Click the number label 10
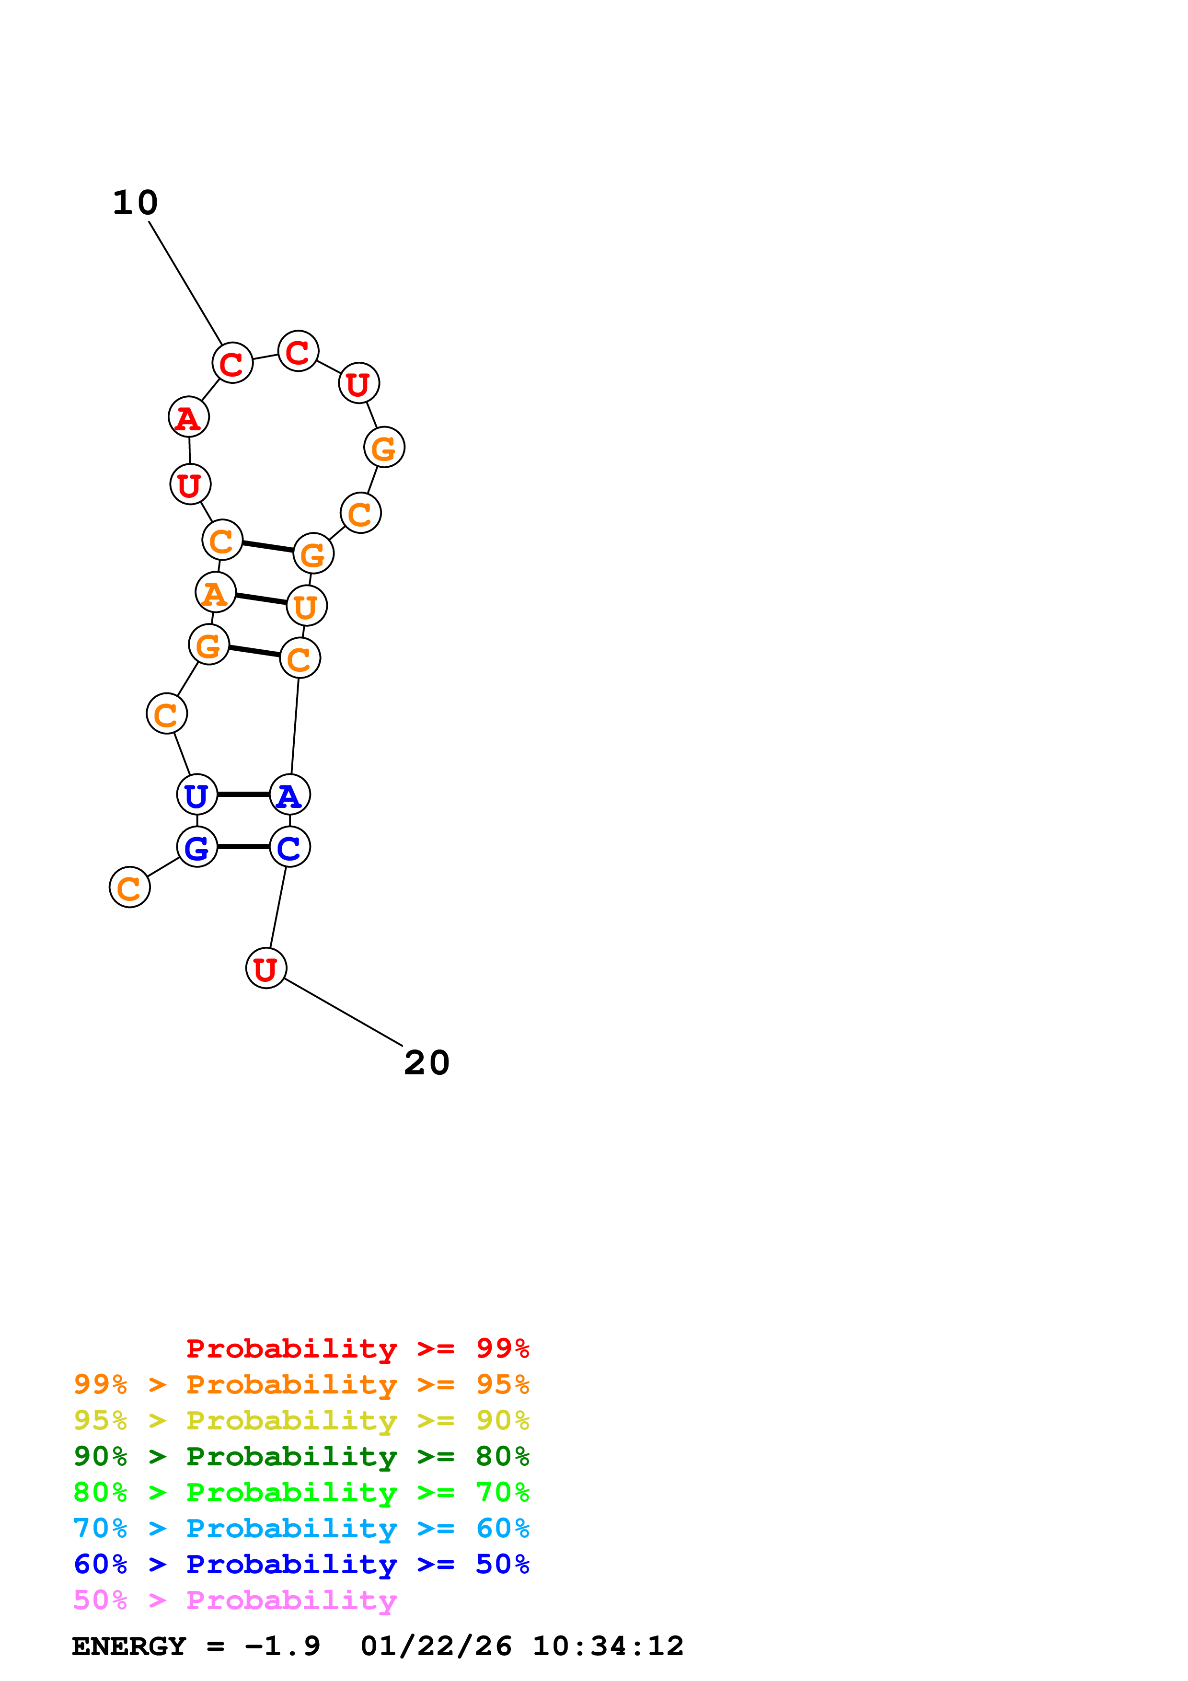pyautogui.click(x=136, y=203)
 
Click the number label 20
pyautogui.click(x=427, y=1063)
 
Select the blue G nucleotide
pyautogui.click(x=197, y=847)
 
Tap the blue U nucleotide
pyautogui.click(x=197, y=794)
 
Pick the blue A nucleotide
pyautogui.click(x=290, y=794)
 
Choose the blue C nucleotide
pyautogui.click(x=290, y=847)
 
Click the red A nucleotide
pyautogui.click(x=189, y=417)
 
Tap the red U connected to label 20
pyautogui.click(x=265, y=968)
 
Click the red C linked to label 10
pyautogui.click(x=232, y=363)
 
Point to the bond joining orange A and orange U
pyautogui.click(x=261, y=599)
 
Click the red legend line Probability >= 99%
pyautogui.click(x=357, y=1348)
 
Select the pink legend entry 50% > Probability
pyautogui.click(x=235, y=1600)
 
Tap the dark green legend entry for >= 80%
pyautogui.click(x=301, y=1456)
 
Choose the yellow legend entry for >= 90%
pyautogui.click(x=301, y=1420)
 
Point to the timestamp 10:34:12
pyautogui.click(x=608, y=1646)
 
